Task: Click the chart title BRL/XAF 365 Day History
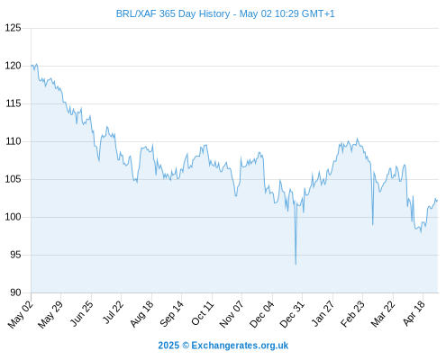(173, 13)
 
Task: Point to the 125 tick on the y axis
(14, 28)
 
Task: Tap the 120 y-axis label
(14, 66)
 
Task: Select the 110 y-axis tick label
(14, 141)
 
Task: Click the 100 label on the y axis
(14, 217)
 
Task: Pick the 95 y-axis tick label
(16, 255)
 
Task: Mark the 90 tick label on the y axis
(16, 292)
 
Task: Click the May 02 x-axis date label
(20, 314)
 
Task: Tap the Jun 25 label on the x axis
(82, 313)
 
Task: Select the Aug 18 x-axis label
(141, 313)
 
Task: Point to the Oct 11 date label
(203, 313)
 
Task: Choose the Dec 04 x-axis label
(262, 314)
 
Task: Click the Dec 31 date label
(292, 314)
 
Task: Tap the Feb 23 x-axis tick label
(352, 313)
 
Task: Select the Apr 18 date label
(414, 313)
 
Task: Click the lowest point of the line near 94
(296, 265)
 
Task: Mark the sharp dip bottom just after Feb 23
(373, 225)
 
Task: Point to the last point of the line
(438, 200)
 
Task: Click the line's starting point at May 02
(31, 66)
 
